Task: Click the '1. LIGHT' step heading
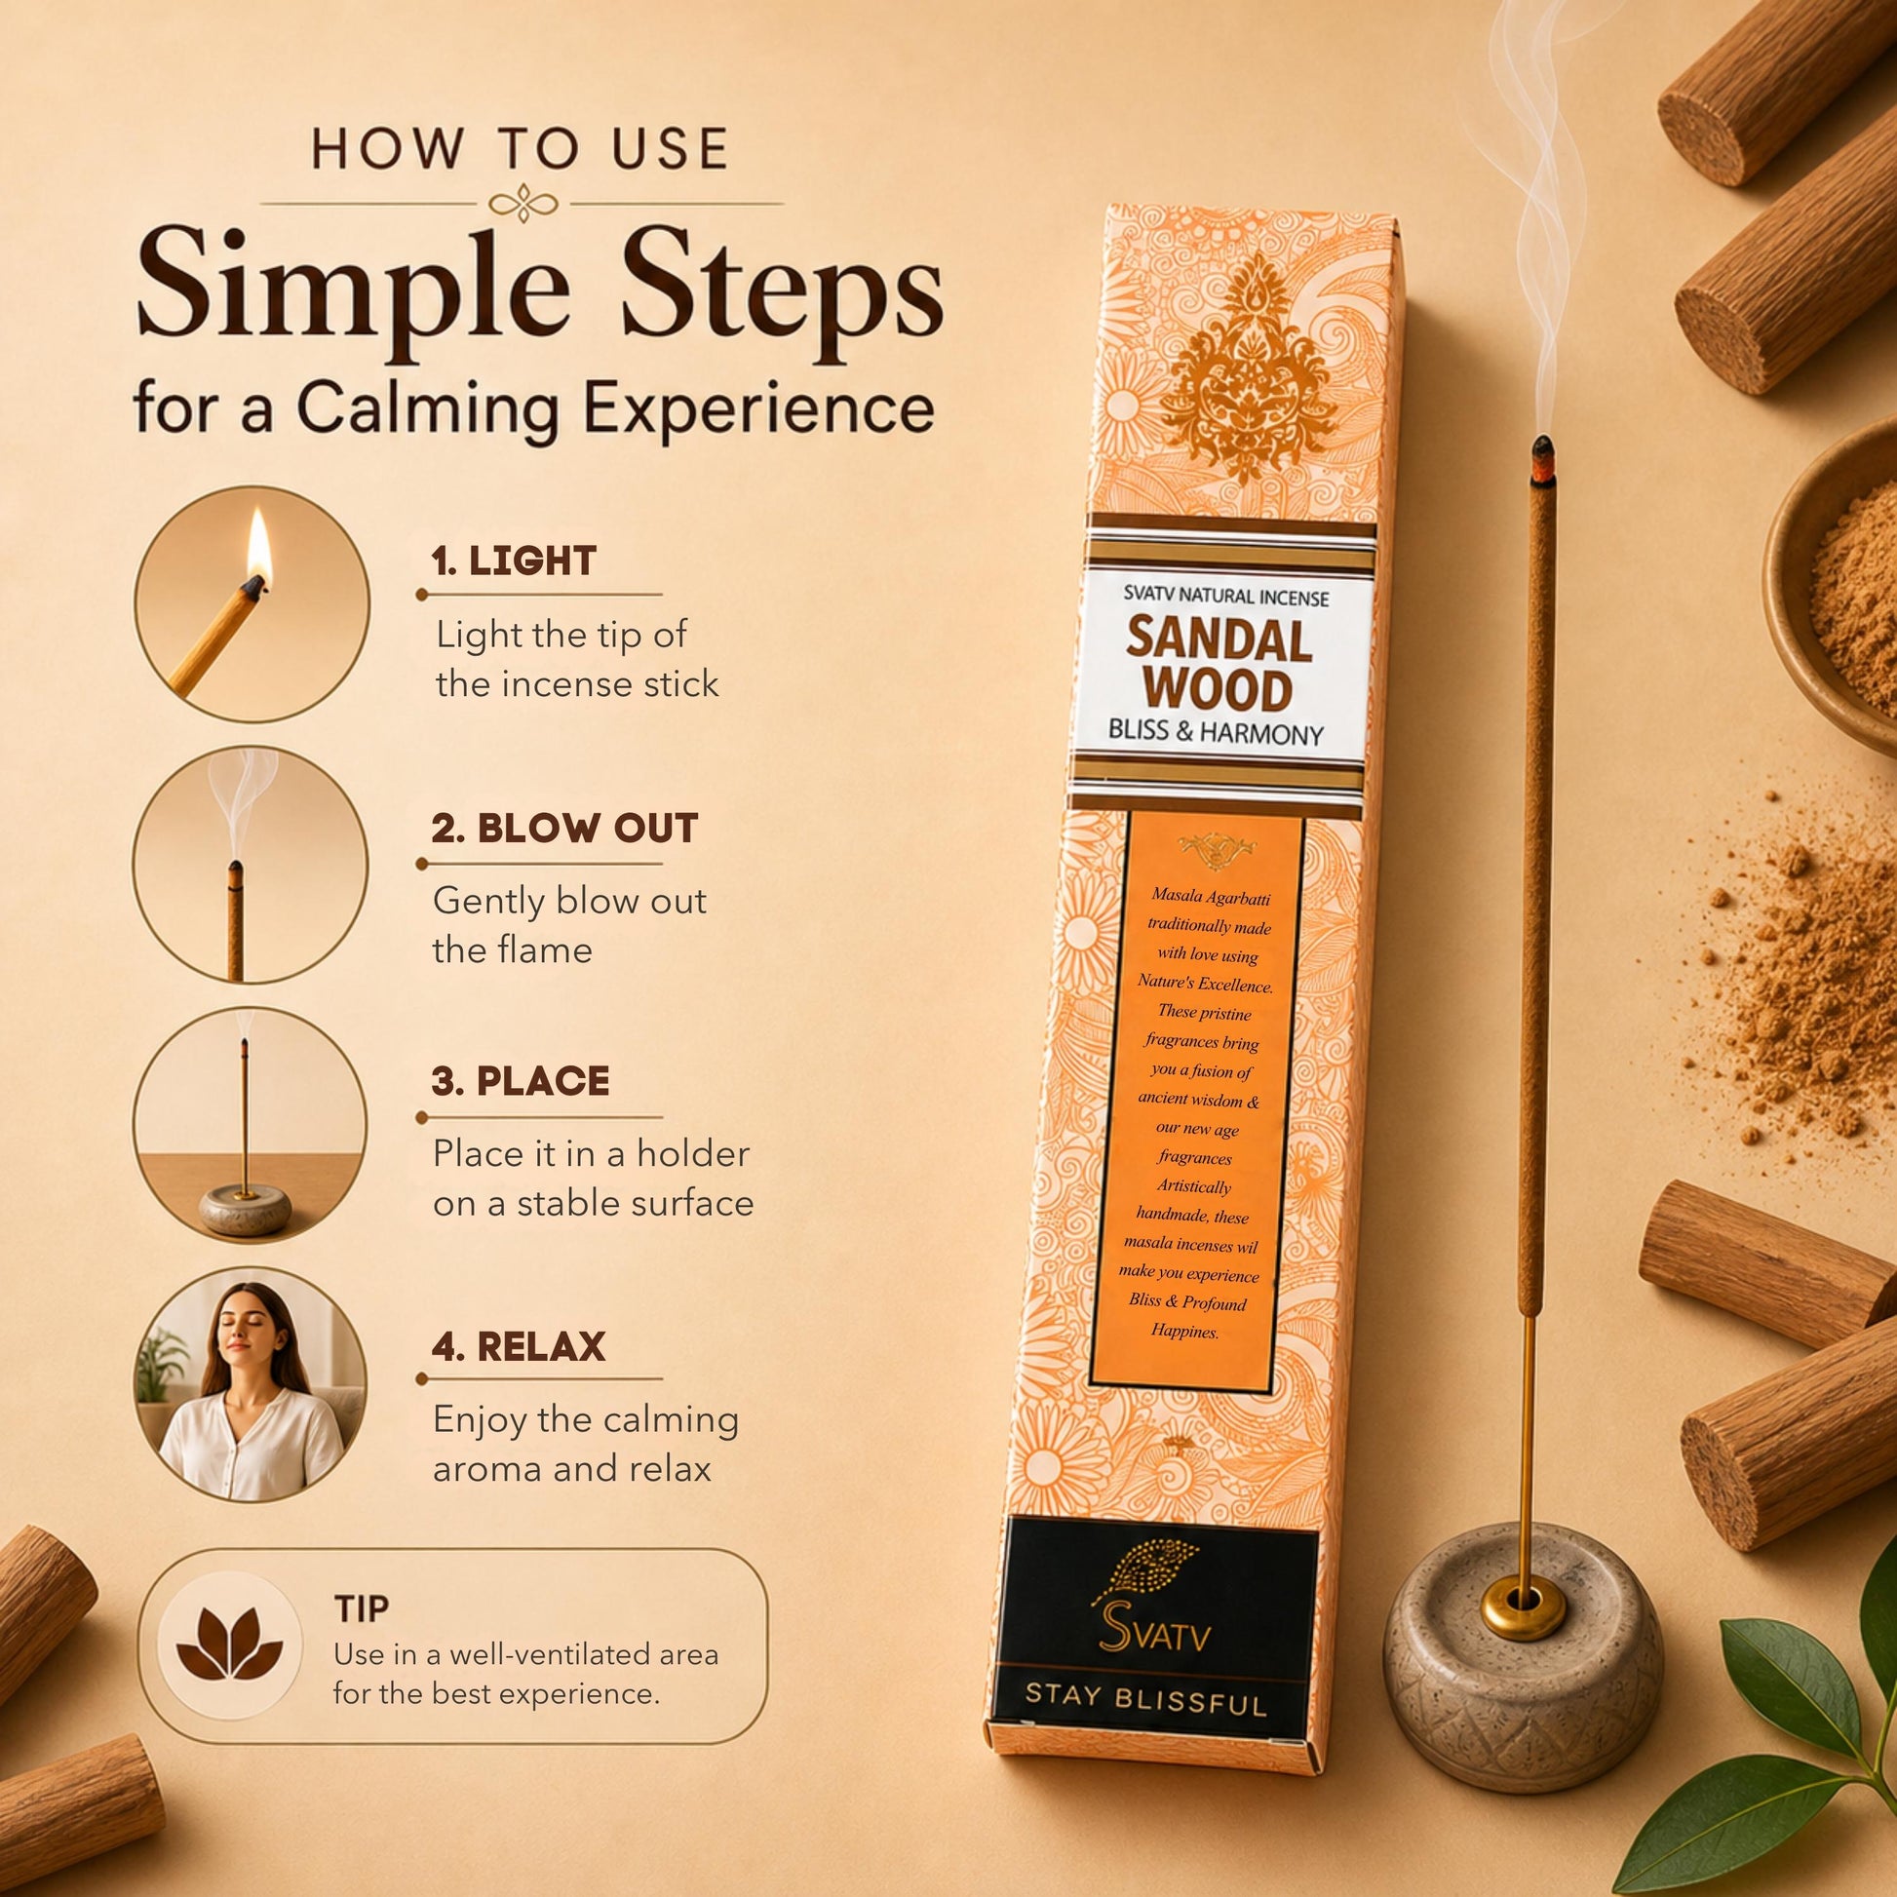[x=514, y=561]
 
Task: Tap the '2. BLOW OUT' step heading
[x=564, y=829]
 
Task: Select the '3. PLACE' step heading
[x=521, y=1081]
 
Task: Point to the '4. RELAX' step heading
[x=519, y=1346]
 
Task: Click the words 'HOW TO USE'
[x=520, y=149]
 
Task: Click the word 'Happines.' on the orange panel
[x=1185, y=1333]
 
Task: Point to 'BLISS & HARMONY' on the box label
[x=1216, y=732]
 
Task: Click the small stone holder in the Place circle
[x=246, y=1207]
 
